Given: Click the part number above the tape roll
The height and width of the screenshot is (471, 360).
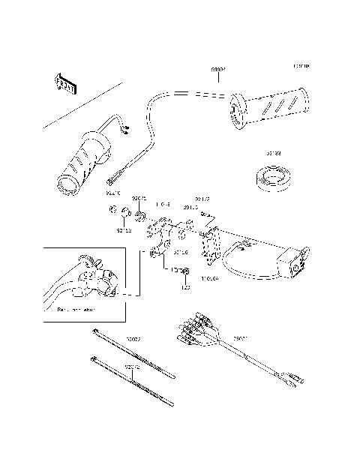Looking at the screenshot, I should pyautogui.click(x=273, y=154).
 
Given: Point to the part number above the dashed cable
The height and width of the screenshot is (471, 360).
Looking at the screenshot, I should pyautogui.click(x=217, y=68).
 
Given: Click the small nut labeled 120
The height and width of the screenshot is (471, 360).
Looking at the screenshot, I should pyautogui.click(x=186, y=271).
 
